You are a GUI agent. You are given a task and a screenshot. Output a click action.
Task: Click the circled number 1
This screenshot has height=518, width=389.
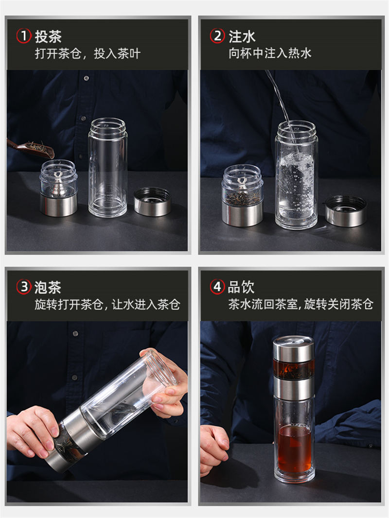click(x=24, y=36)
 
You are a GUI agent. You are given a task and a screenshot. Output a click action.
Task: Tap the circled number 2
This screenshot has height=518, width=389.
click(x=217, y=36)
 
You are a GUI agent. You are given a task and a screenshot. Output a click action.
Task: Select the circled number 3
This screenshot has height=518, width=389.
click(x=24, y=287)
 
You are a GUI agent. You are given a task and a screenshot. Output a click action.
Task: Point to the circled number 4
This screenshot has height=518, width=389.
click(x=217, y=287)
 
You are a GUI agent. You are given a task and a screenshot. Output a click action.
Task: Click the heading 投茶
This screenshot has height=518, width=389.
click(x=48, y=36)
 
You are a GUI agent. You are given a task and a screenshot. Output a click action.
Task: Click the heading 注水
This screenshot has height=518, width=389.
click(x=242, y=36)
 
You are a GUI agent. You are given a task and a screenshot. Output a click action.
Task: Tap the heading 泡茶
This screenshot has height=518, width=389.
click(x=48, y=287)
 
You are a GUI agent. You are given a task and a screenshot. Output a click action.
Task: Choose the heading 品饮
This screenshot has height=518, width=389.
click(x=241, y=287)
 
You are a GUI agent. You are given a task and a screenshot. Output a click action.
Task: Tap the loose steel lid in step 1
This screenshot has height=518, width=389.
click(x=152, y=202)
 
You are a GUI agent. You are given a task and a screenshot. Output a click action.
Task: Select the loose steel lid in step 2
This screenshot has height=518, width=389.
click(x=346, y=211)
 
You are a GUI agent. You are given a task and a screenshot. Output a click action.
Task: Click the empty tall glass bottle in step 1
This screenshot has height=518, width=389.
click(x=108, y=167)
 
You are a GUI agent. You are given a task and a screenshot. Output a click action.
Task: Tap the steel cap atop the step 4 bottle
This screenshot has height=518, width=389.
click(x=293, y=348)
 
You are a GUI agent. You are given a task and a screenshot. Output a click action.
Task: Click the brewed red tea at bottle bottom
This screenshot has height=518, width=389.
click(x=294, y=449)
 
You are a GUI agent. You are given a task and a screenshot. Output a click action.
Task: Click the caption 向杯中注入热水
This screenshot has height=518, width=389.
click(x=270, y=53)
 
